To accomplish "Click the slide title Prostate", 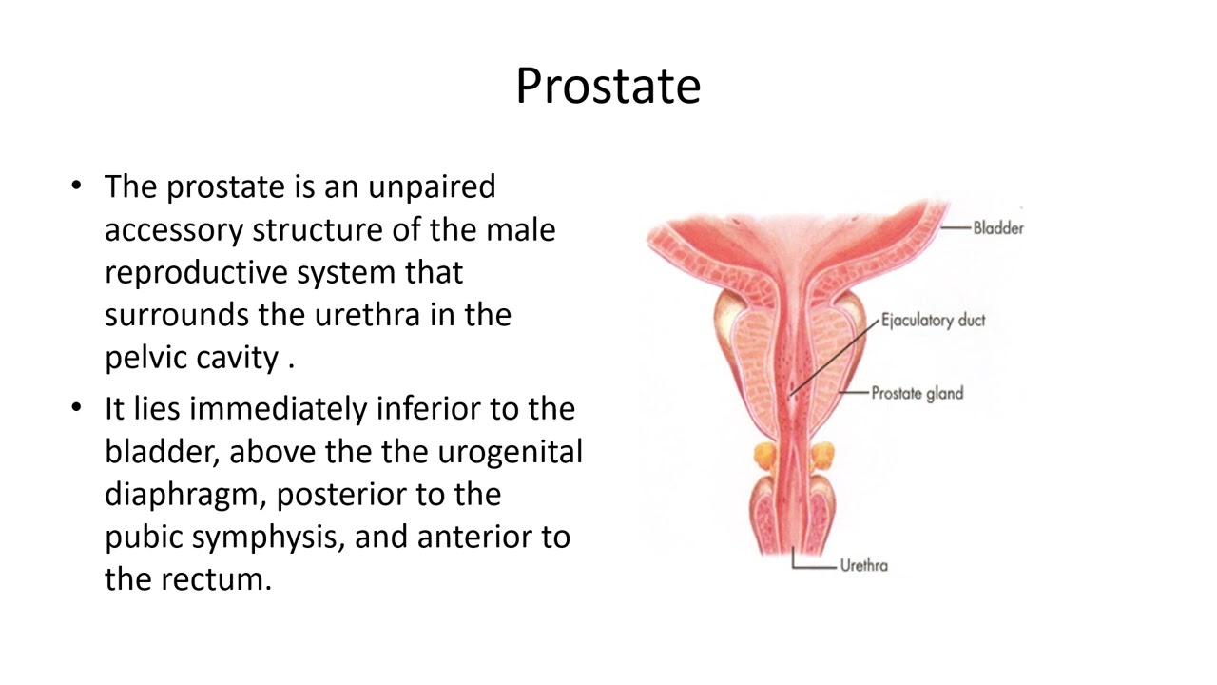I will click(x=608, y=86).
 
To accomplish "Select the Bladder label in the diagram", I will click(x=997, y=228).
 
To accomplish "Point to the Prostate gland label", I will click(x=917, y=392).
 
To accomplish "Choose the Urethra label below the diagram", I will click(x=863, y=566).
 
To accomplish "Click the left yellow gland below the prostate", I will click(x=766, y=456).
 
